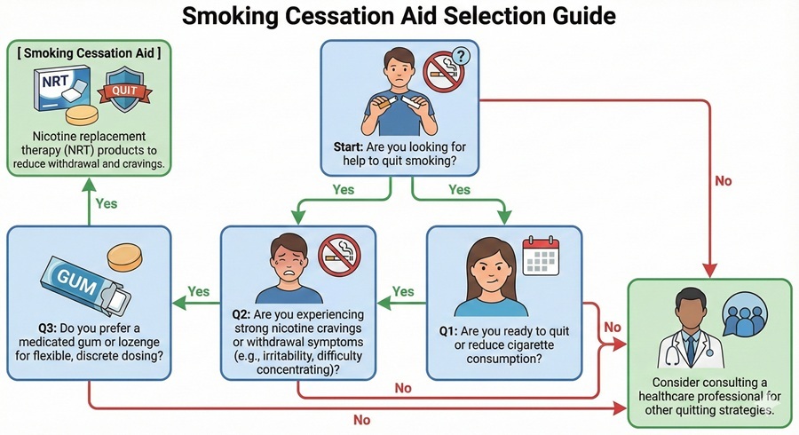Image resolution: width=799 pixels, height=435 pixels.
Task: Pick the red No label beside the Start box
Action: coord(723,181)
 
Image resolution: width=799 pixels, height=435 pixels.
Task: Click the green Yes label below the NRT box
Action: coord(107,202)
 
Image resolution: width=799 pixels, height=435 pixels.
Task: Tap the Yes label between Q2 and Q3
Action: coord(198,291)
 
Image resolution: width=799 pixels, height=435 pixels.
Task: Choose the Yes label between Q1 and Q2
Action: coord(403,291)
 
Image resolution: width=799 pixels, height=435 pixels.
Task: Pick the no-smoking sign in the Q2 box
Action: coord(339,254)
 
